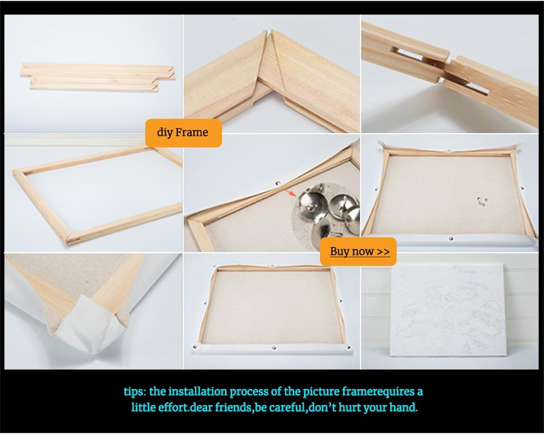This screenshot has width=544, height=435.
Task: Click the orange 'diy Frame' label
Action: click(184, 133)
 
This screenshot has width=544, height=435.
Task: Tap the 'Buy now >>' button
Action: click(358, 251)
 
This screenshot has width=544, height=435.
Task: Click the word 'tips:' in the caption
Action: click(135, 392)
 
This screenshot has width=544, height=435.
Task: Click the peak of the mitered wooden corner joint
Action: click(268, 31)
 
